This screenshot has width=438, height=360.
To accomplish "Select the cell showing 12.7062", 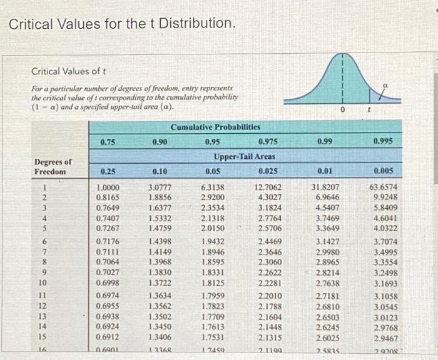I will coord(268,186).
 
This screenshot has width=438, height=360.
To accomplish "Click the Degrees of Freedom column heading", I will coord(53,166).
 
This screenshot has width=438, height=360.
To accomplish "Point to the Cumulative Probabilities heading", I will coord(215,127).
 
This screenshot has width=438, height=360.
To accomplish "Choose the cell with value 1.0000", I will coord(109,186).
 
